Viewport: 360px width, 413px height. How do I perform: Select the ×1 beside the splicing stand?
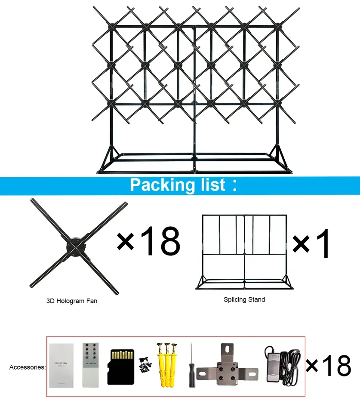[x=313, y=243]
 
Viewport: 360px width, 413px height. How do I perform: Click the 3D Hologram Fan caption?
[x=72, y=301]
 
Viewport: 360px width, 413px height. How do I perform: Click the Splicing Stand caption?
[x=244, y=299]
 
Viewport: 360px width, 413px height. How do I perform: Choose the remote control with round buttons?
[x=90, y=364]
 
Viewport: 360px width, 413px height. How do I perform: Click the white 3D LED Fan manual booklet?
[x=62, y=365]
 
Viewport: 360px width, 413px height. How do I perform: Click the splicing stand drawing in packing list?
[x=244, y=252]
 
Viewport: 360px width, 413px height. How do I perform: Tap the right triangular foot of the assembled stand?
[x=279, y=157]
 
